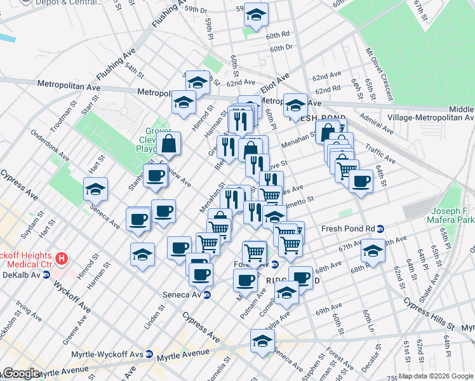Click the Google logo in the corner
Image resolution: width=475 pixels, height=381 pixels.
click(x=20, y=374)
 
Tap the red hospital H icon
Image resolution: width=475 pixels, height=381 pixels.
click(x=62, y=258)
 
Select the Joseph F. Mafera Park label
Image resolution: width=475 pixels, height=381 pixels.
click(x=452, y=215)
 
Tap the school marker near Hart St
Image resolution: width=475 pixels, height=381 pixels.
click(x=95, y=189)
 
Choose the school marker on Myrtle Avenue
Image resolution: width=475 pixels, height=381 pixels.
click(x=262, y=342)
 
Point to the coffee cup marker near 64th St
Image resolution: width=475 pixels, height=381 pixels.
click(x=361, y=180)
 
